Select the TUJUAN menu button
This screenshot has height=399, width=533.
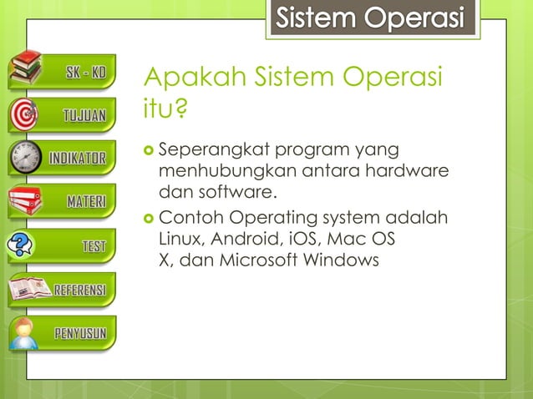(84, 115)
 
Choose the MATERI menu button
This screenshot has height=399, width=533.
(84, 201)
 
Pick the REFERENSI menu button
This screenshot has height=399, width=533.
(79, 290)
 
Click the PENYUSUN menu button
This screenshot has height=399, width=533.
(79, 334)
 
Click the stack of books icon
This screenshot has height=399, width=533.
(25, 69)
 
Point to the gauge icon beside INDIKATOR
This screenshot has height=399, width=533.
(25, 158)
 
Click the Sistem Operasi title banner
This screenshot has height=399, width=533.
(371, 18)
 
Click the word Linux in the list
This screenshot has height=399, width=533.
(179, 239)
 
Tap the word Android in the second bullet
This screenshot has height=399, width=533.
(245, 239)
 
